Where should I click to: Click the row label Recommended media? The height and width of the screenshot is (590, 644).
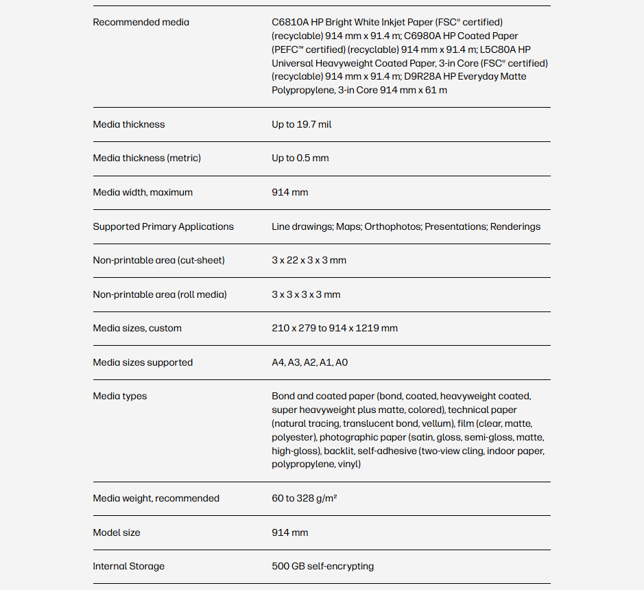(x=141, y=23)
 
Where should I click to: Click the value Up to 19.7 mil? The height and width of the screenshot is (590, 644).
(x=301, y=125)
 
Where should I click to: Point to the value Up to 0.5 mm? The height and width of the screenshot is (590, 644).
(x=300, y=158)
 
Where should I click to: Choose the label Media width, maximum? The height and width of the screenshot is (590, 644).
(x=143, y=193)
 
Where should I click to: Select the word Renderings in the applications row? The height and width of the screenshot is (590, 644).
(x=515, y=227)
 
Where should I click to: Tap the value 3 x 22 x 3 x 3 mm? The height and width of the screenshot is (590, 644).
(x=309, y=261)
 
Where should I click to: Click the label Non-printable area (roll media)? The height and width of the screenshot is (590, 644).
(x=159, y=295)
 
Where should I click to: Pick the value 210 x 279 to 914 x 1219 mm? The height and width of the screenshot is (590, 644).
(x=334, y=329)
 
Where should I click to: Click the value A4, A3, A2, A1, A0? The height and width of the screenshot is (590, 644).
(x=309, y=363)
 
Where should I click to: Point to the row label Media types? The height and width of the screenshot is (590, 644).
(x=120, y=397)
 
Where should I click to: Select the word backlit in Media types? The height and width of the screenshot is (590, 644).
(x=339, y=451)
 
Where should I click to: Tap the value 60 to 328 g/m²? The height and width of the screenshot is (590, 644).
(x=304, y=499)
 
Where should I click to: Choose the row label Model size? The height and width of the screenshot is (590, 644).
(x=117, y=533)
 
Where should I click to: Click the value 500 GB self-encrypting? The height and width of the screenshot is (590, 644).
(x=322, y=567)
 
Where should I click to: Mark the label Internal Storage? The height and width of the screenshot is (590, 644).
(x=128, y=567)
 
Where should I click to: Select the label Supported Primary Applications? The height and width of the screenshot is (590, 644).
(x=163, y=227)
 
